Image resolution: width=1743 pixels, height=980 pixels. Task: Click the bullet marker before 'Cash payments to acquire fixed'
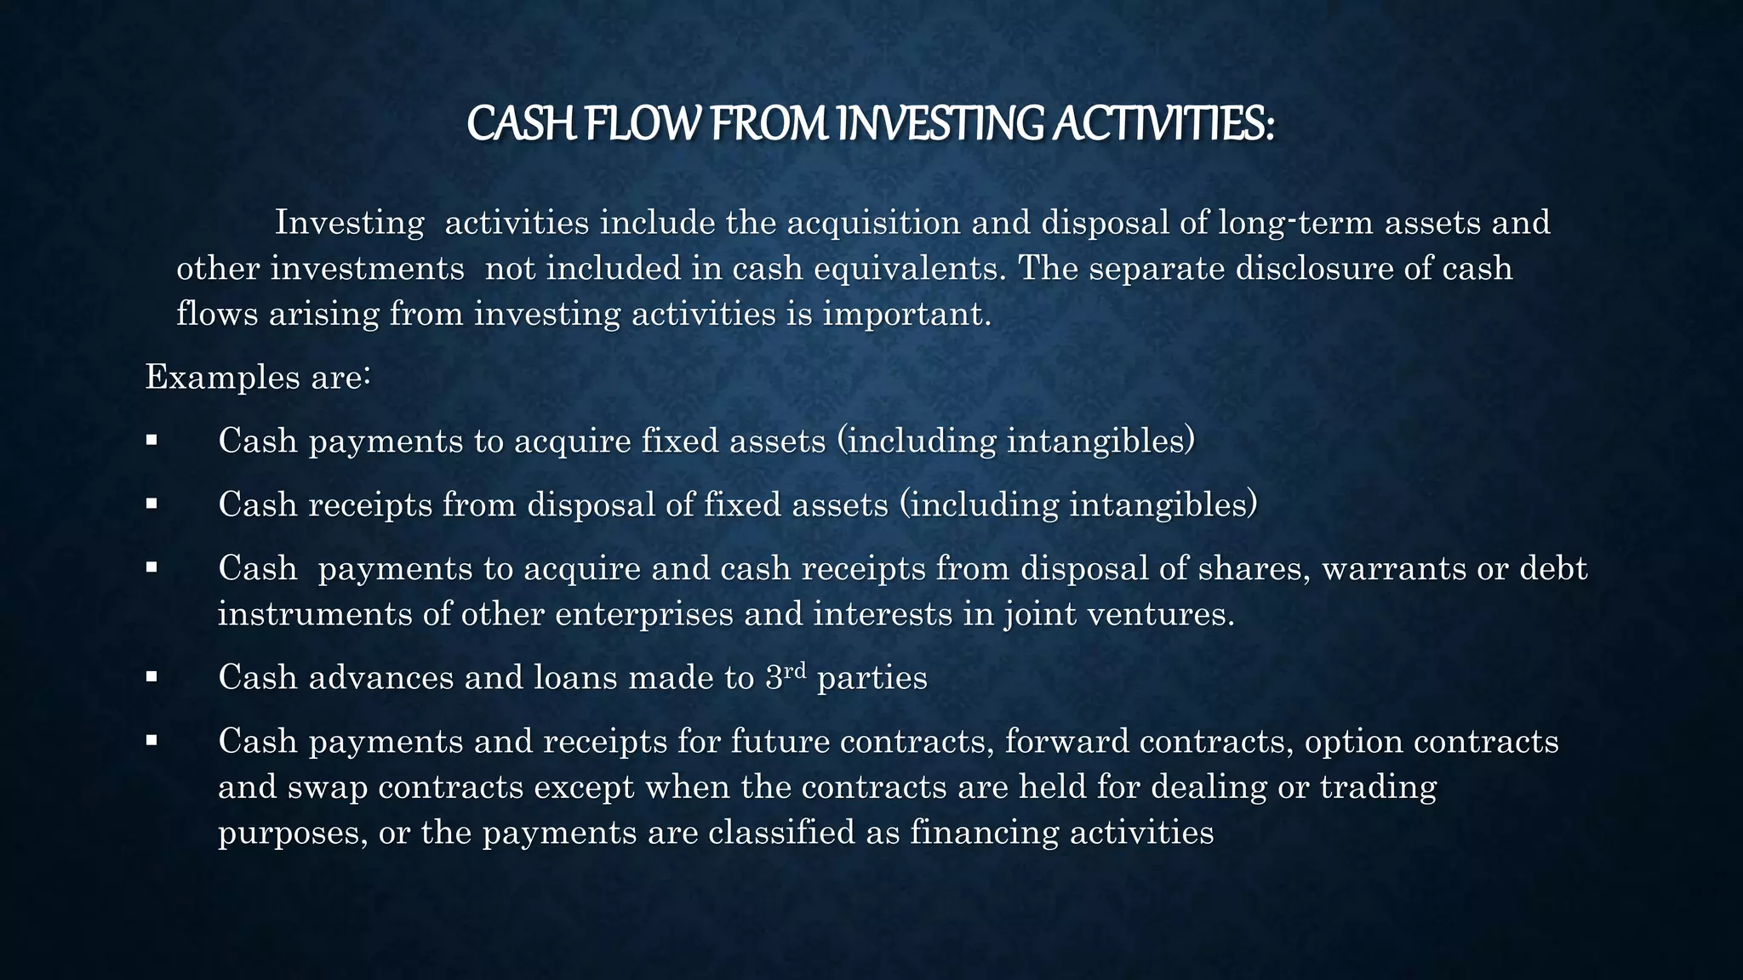click(151, 441)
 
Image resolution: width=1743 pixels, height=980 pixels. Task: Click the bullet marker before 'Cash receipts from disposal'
click(151, 504)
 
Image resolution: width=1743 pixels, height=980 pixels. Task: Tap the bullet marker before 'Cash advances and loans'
click(151, 677)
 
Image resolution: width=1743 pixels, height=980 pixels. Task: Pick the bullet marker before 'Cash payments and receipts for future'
click(151, 741)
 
